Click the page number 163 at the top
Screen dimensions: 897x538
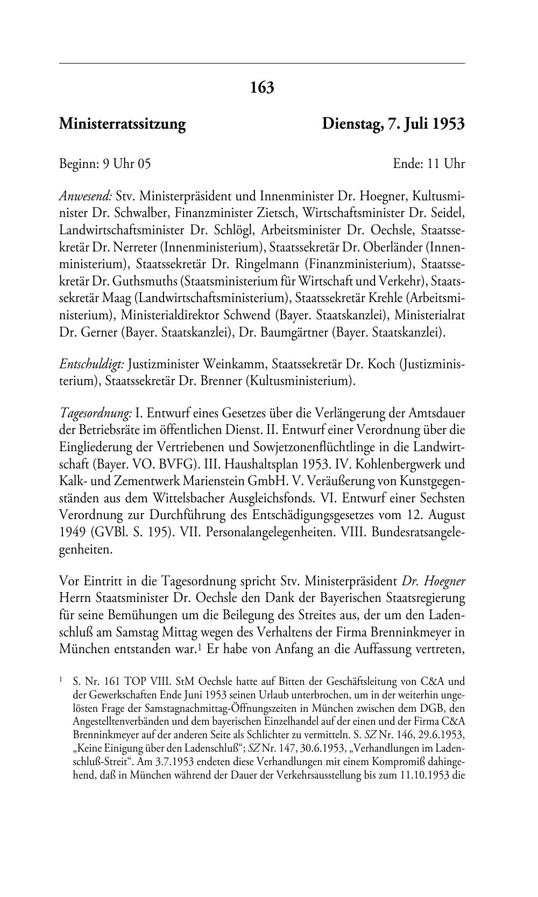pyautogui.click(x=262, y=87)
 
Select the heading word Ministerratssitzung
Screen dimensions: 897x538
pyautogui.click(x=122, y=124)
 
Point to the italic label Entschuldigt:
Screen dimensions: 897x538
pyautogui.click(x=91, y=365)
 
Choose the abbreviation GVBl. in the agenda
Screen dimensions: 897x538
pyautogui.click(x=112, y=532)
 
